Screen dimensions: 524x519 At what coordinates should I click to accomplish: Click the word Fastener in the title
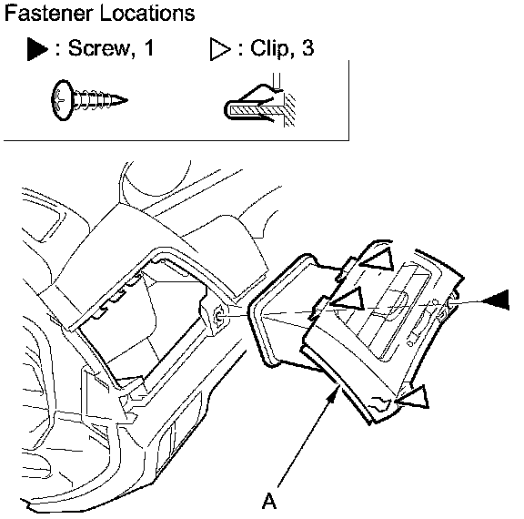click(x=49, y=14)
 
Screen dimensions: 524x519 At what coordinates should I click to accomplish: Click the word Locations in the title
click(x=147, y=14)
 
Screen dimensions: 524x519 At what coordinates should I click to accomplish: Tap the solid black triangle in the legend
click(x=37, y=49)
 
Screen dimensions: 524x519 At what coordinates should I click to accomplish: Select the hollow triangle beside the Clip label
click(x=220, y=49)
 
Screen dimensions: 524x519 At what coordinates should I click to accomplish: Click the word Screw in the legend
click(x=99, y=48)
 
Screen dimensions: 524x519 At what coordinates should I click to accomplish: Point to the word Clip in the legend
click(x=269, y=48)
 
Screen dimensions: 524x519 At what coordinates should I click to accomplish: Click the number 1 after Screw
click(x=149, y=48)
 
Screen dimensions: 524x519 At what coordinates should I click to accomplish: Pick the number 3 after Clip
click(x=308, y=48)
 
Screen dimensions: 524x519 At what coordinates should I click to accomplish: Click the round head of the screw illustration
click(x=63, y=100)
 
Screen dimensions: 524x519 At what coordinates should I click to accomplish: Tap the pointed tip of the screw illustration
click(x=126, y=99)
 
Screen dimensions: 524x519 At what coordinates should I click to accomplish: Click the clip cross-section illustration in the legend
click(x=259, y=101)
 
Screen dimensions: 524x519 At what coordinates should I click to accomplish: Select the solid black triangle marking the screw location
click(x=497, y=300)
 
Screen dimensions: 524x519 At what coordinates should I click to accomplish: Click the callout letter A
click(x=269, y=501)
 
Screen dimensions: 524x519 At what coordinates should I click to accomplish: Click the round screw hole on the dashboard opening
click(x=219, y=315)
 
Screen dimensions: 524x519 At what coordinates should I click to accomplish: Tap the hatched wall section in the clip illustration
click(x=289, y=109)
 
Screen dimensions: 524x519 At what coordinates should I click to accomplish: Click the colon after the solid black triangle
click(x=58, y=49)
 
